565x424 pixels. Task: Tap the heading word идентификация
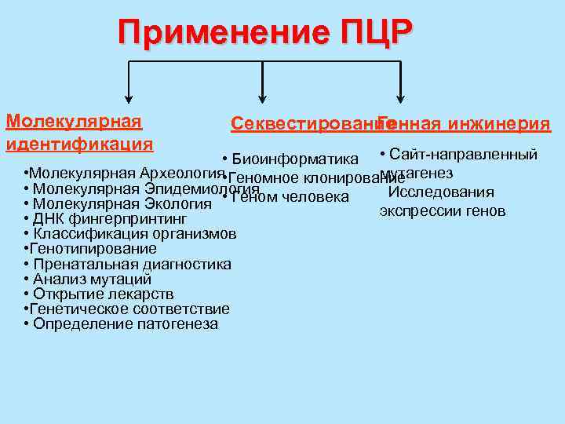coord(79,144)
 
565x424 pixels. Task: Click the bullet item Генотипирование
coord(93,249)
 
